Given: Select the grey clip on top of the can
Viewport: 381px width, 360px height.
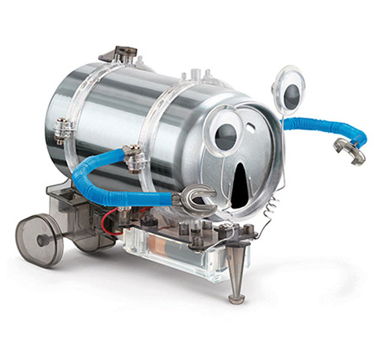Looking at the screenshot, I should pos(121,53).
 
